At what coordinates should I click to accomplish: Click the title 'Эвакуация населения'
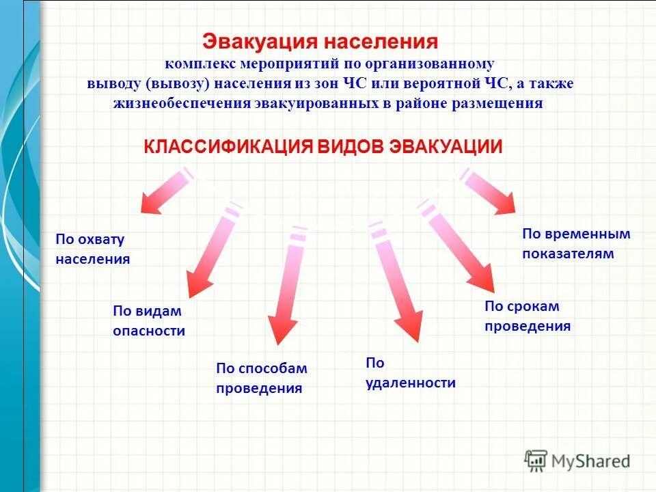click(x=320, y=42)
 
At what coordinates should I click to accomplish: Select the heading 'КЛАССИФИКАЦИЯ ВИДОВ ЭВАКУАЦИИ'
click(x=323, y=147)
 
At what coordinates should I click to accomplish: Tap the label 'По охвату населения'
click(x=93, y=249)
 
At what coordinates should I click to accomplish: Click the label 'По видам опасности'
click(x=149, y=321)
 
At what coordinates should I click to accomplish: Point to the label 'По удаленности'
click(x=410, y=372)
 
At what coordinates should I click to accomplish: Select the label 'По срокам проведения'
click(x=527, y=316)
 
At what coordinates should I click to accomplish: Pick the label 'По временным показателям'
click(x=576, y=244)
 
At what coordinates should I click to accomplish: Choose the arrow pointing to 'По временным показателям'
click(x=491, y=191)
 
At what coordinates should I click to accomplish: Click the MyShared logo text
click(x=591, y=461)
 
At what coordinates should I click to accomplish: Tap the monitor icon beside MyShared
click(x=536, y=460)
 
